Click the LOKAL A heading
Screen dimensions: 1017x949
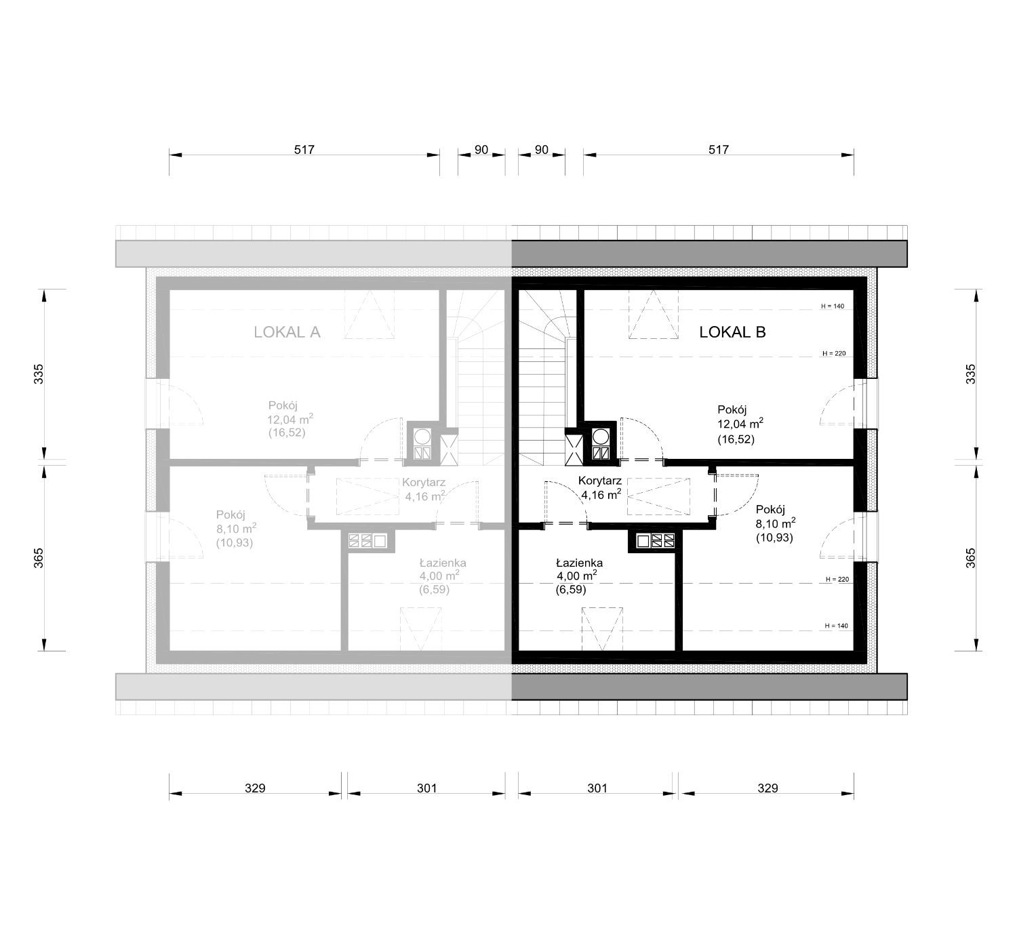tap(287, 332)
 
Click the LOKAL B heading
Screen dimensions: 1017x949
tap(732, 332)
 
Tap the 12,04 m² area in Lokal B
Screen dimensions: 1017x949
tap(740, 424)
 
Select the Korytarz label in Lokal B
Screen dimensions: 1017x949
tap(599, 481)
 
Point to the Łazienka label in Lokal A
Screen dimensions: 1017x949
tap(443, 563)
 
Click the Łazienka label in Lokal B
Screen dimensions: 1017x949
tap(579, 563)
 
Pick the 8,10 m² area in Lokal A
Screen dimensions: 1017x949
tap(236, 528)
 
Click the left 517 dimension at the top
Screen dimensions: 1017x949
tap(304, 150)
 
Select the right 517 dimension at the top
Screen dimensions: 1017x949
tap(719, 150)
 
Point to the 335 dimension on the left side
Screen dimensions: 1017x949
tap(39, 374)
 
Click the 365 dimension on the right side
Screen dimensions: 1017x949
tap(970, 559)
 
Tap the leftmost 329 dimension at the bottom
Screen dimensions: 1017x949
tap(255, 788)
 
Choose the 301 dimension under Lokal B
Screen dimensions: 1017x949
tap(597, 788)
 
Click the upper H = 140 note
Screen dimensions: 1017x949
tap(833, 306)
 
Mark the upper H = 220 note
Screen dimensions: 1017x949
tap(834, 353)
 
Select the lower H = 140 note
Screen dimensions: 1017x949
tap(836, 626)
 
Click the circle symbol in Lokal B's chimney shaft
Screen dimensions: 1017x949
tap(601, 437)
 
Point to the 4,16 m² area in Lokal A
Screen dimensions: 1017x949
tap(425, 496)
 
